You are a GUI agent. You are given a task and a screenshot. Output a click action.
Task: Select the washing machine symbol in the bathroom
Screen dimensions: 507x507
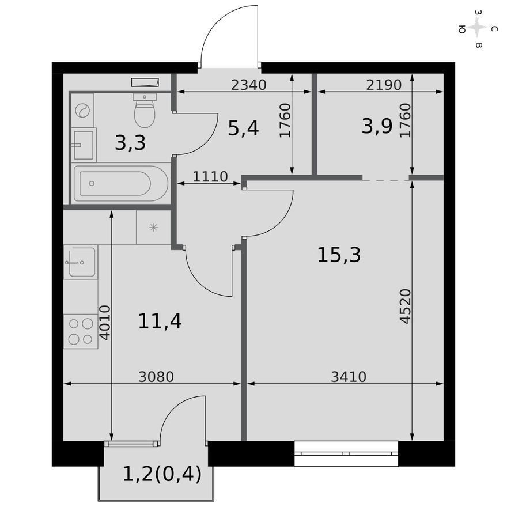click(x=84, y=109)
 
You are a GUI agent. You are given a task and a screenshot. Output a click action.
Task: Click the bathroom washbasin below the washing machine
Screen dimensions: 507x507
click(x=84, y=144)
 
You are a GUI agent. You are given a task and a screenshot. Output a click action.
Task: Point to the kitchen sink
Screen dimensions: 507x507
click(x=81, y=263)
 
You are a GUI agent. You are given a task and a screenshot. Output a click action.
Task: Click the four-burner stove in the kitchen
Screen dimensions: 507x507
click(x=80, y=331)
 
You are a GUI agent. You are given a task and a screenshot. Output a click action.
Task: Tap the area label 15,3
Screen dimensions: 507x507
click(x=339, y=254)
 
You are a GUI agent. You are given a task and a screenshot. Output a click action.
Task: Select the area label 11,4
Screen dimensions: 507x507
click(x=160, y=320)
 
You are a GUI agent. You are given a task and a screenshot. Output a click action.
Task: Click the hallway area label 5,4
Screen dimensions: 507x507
click(x=243, y=128)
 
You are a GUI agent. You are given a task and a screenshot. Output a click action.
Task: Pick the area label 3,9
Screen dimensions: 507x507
click(x=377, y=126)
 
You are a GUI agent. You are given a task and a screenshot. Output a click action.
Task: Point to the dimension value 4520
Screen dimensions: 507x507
click(x=406, y=306)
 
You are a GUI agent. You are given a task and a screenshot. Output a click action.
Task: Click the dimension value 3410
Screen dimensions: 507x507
click(x=349, y=377)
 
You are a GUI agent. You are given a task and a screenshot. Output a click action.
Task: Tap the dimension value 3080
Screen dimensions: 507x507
click(x=156, y=377)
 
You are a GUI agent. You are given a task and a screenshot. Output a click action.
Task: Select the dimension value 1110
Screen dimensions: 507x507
click(x=210, y=176)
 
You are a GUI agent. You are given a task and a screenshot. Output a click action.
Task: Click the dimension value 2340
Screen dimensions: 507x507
click(x=248, y=85)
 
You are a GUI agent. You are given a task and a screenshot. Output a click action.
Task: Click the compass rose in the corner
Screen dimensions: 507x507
click(x=478, y=28)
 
